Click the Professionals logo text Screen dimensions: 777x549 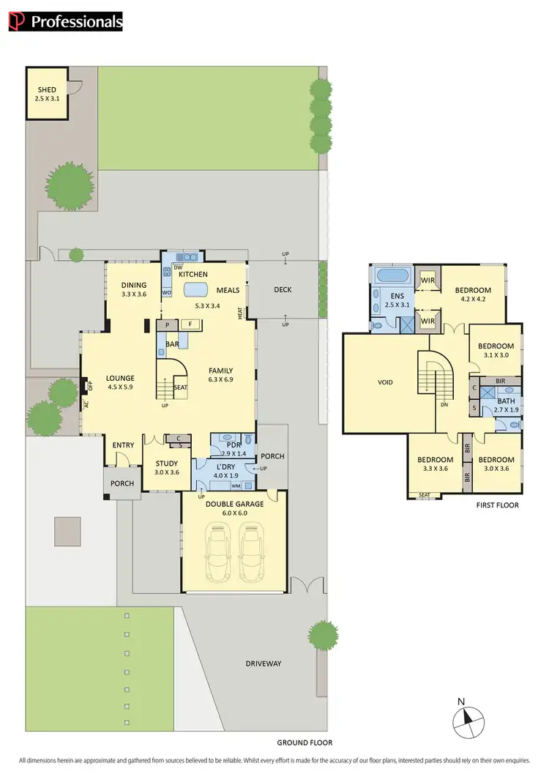coord(75,22)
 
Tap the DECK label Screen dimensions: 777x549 coord(283,289)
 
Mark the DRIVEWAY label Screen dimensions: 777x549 coord(264,663)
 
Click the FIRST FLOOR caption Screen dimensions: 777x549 coord(497,505)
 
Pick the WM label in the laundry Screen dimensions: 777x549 coord(236,485)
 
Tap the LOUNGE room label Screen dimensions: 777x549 coord(121,379)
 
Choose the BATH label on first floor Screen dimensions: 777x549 coord(507,401)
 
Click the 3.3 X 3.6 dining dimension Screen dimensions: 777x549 coord(134,294)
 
